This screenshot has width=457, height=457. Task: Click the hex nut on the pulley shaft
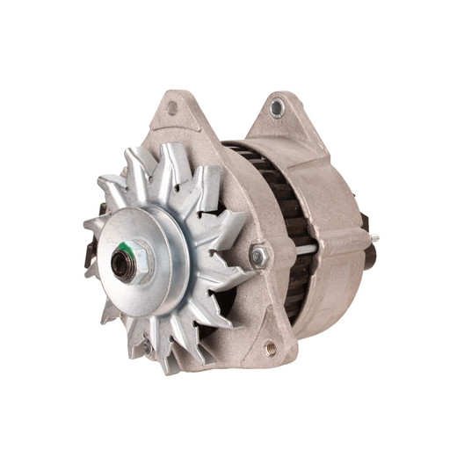(x=126, y=261)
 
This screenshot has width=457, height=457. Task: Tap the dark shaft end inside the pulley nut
(x=124, y=264)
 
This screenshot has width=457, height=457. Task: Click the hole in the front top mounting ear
(x=172, y=107)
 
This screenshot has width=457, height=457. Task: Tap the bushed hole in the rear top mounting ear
(x=278, y=107)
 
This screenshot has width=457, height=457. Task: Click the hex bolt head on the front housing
(x=259, y=256)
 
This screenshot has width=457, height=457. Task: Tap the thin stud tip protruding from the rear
(x=376, y=236)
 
